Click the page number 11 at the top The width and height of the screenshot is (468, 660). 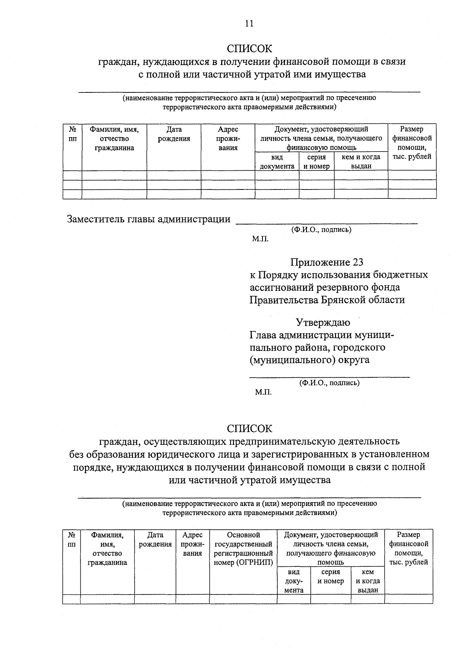point(249,23)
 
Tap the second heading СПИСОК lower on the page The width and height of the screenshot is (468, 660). point(249,428)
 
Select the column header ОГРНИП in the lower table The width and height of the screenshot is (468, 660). point(243,549)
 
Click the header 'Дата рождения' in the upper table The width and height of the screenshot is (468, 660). point(174,134)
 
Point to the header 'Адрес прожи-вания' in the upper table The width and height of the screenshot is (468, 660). point(228,138)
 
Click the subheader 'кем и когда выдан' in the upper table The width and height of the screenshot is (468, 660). point(361,161)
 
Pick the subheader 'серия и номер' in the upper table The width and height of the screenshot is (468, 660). point(316,161)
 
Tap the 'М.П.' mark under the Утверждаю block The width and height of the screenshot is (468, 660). point(263,392)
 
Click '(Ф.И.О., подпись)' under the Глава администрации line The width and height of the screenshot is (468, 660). point(329,383)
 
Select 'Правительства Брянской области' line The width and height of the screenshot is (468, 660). point(327,300)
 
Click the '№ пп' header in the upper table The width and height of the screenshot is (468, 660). point(72,134)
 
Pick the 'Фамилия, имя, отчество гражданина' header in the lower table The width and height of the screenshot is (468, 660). point(107,549)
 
